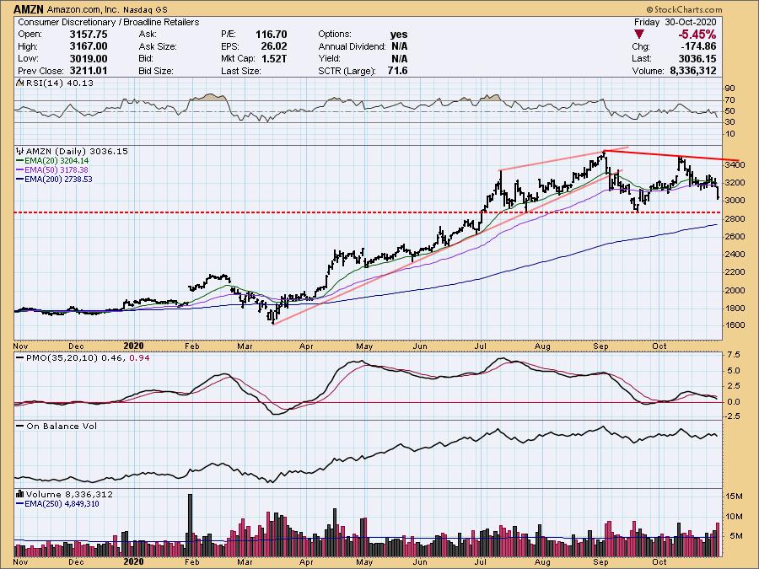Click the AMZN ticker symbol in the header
pyautogui.click(x=29, y=9)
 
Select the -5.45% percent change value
pyautogui.click(x=697, y=35)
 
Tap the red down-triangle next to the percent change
pyautogui.click(x=639, y=35)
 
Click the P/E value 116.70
pyautogui.click(x=271, y=35)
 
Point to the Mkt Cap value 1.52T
pyautogui.click(x=273, y=58)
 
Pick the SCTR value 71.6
pyautogui.click(x=397, y=71)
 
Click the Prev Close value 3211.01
pyautogui.click(x=89, y=71)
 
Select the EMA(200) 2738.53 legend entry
pyautogui.click(x=58, y=179)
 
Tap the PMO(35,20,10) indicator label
pyautogui.click(x=62, y=358)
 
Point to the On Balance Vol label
pyautogui.click(x=62, y=427)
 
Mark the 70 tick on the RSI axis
pyautogui.click(x=729, y=100)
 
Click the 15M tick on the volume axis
pyautogui.click(x=734, y=497)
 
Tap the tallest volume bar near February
pyautogui.click(x=190, y=525)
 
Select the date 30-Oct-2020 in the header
pyautogui.click(x=691, y=22)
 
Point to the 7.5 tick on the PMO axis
pyautogui.click(x=733, y=355)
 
